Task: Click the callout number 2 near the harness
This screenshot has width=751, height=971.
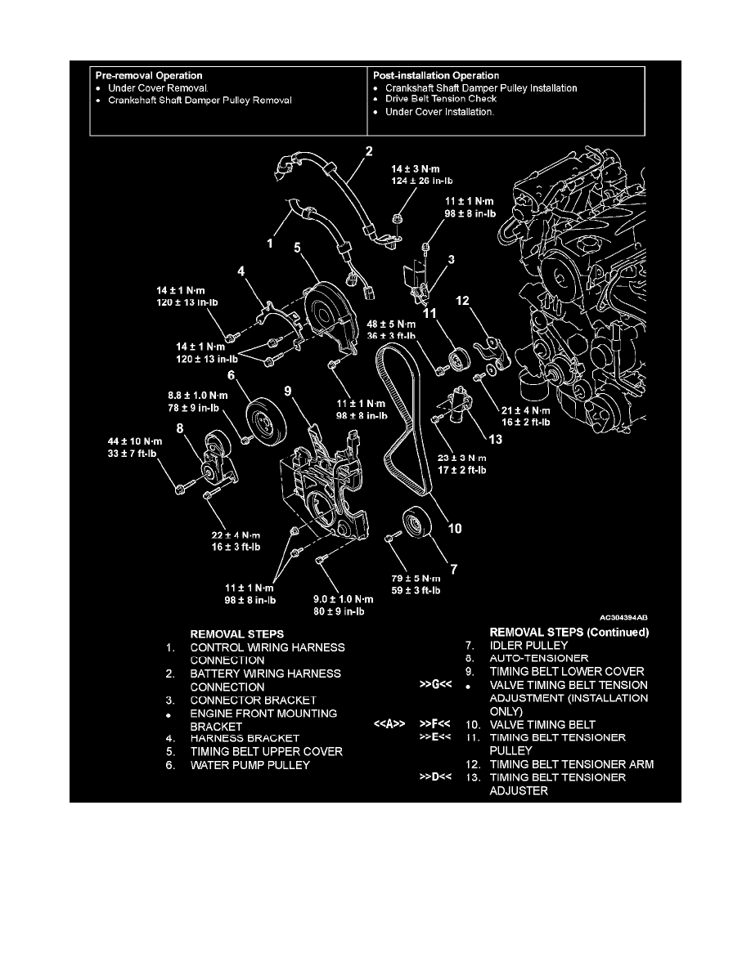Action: click(x=369, y=151)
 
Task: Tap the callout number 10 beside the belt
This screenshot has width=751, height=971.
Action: click(x=454, y=529)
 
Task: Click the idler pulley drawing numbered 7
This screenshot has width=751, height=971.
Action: click(x=414, y=526)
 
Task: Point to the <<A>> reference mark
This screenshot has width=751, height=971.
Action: click(x=398, y=724)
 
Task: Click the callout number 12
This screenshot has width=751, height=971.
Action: click(x=463, y=301)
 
